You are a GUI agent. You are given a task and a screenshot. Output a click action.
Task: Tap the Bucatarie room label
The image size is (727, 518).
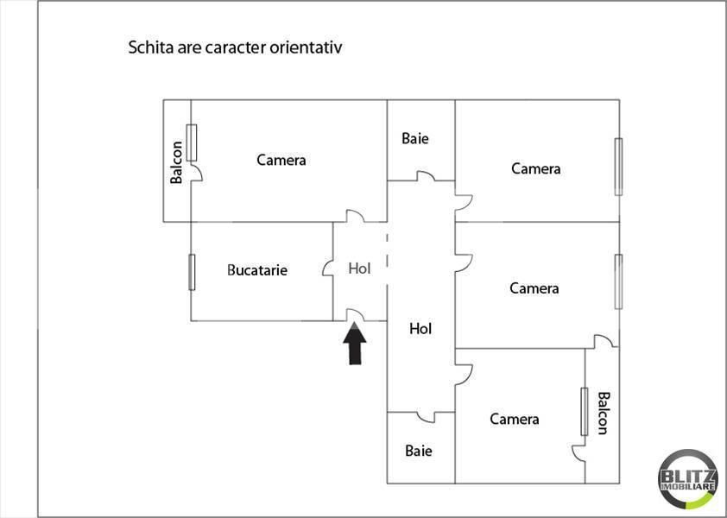pyautogui.click(x=257, y=270)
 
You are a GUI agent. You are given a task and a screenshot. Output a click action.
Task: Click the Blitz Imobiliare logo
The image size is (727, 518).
pyautogui.click(x=688, y=479)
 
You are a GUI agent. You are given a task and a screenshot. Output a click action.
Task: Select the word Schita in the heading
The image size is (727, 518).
pyautogui.click(x=151, y=47)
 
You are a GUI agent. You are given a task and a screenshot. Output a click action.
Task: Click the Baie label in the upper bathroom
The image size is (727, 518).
pyautogui.click(x=415, y=138)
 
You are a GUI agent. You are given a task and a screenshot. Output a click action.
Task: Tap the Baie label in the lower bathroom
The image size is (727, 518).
pyautogui.click(x=418, y=451)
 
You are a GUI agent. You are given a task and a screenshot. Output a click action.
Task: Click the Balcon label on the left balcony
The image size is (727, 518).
pyautogui.click(x=176, y=162)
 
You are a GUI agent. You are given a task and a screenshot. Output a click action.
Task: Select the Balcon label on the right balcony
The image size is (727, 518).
pyautogui.click(x=603, y=414)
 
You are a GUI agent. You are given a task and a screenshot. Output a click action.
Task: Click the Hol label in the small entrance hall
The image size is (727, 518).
pyautogui.click(x=359, y=268)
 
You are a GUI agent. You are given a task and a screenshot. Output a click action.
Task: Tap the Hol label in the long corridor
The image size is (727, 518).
pyautogui.click(x=420, y=329)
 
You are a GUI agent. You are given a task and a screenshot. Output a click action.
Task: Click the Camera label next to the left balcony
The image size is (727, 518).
pyautogui.click(x=281, y=160)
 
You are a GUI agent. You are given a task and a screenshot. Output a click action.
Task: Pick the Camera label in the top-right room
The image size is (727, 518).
pyautogui.click(x=536, y=168)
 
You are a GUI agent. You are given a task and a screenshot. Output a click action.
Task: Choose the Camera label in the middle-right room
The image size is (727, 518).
pyautogui.click(x=534, y=288)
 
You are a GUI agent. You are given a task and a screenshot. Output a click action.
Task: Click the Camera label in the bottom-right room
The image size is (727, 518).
pyautogui.click(x=515, y=420)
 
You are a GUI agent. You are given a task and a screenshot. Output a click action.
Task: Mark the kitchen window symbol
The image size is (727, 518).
pyautogui.click(x=192, y=272)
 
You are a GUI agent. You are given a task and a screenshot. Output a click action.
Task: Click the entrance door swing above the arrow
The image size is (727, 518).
pyautogui.click(x=356, y=315)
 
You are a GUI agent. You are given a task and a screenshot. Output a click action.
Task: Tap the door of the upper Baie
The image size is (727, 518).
pyautogui.click(x=426, y=176)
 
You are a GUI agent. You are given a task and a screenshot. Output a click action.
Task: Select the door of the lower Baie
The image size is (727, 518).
pyautogui.click(x=426, y=417)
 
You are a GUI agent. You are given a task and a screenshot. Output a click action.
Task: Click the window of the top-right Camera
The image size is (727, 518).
pyautogui.click(x=618, y=167)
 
